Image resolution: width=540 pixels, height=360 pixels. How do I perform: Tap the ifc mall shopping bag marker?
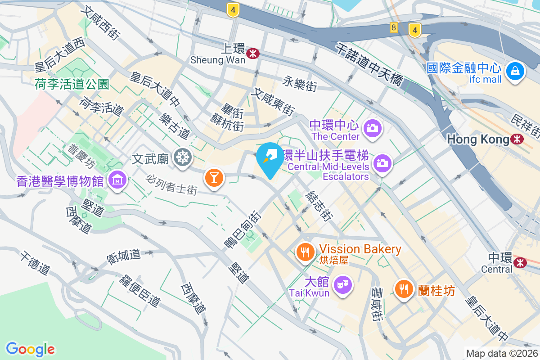coord(515,72)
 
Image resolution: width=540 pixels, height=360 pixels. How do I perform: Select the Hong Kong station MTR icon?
coord(517,139)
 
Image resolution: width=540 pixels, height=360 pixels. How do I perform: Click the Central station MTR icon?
coord(521,262)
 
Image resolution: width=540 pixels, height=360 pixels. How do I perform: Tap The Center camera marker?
coord(372,128)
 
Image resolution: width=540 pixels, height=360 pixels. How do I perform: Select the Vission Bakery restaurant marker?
coord(306,252)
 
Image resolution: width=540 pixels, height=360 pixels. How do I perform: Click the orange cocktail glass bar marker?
coord(214,178)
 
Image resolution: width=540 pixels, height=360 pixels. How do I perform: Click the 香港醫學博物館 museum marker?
coord(117,180)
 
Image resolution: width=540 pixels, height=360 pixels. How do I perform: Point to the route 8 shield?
coord(394,28)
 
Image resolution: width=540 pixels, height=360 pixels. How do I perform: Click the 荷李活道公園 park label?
coord(72,84)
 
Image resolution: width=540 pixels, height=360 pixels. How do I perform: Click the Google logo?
coord(30,349)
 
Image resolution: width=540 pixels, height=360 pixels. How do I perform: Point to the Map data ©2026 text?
coord(501,353)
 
